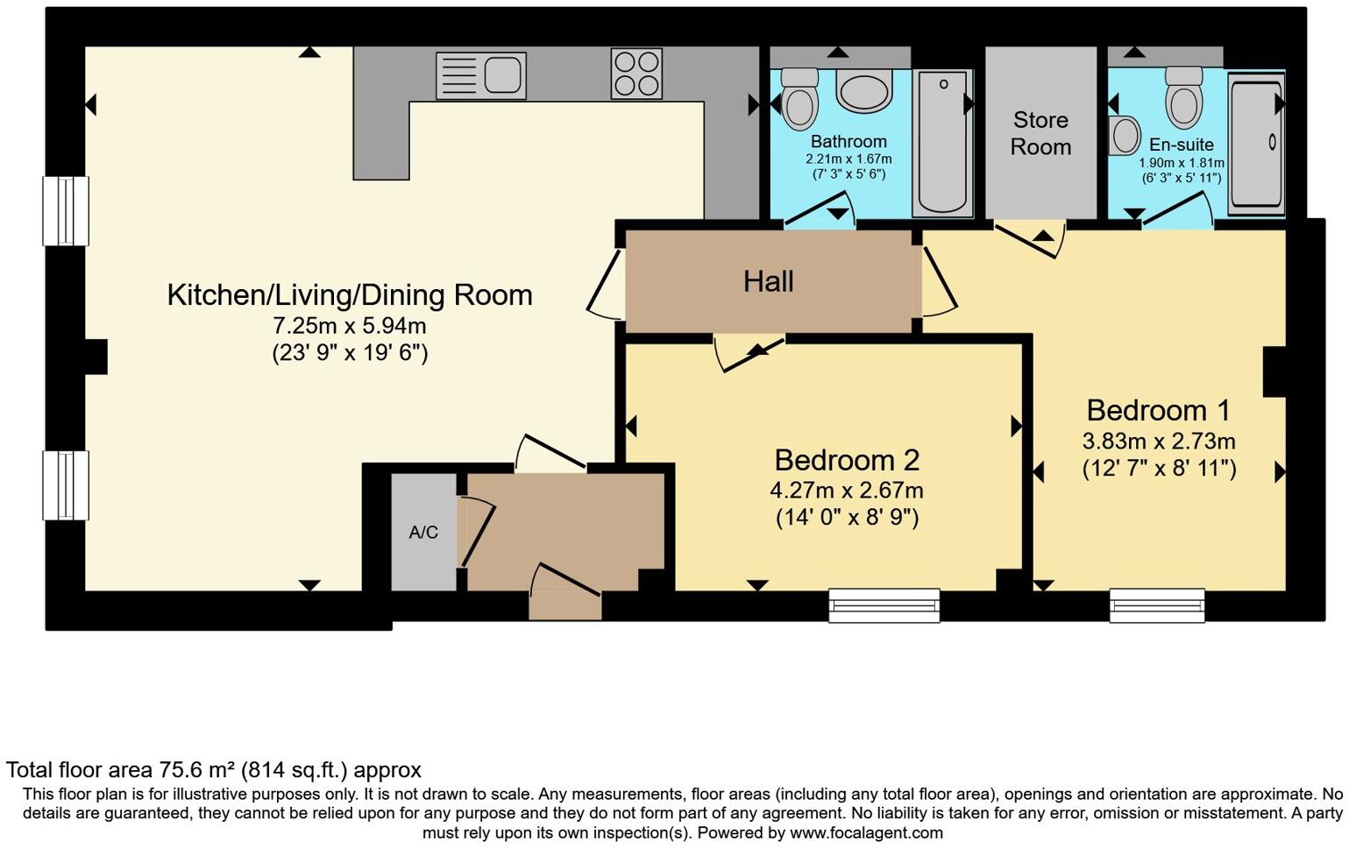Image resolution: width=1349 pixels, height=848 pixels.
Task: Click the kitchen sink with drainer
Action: point(480,75)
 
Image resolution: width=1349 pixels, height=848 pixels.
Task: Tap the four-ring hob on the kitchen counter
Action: point(636,74)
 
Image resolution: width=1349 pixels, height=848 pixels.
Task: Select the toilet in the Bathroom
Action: point(799,99)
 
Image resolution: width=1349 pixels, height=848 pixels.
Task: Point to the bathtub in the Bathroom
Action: point(942,144)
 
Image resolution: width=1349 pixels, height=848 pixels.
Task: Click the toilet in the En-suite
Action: point(1183,97)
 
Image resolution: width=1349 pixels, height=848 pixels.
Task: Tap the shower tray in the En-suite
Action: point(1256,145)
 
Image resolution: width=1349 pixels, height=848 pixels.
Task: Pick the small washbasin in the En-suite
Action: point(1125,135)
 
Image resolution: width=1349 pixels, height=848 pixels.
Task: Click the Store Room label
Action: point(1040,134)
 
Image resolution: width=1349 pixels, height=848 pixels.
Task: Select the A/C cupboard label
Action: point(423,532)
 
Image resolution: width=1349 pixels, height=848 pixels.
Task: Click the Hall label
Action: point(768,282)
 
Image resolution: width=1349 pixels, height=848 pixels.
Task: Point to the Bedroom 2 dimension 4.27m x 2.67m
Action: point(846,491)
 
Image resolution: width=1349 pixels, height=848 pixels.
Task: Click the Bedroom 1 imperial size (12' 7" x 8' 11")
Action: point(1160,468)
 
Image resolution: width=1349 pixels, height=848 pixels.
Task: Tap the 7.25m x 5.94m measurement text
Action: point(349,326)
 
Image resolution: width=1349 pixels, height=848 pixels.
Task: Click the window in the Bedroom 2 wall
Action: point(884,604)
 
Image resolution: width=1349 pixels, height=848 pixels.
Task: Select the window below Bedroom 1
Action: point(1157,604)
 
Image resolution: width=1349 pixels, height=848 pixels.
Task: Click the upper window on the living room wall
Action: point(66,210)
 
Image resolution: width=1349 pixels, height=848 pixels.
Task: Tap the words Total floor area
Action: point(80,770)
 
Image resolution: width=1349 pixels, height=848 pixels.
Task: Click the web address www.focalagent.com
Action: point(866,833)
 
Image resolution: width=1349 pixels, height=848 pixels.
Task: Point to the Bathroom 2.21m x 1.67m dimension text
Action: point(848,159)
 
